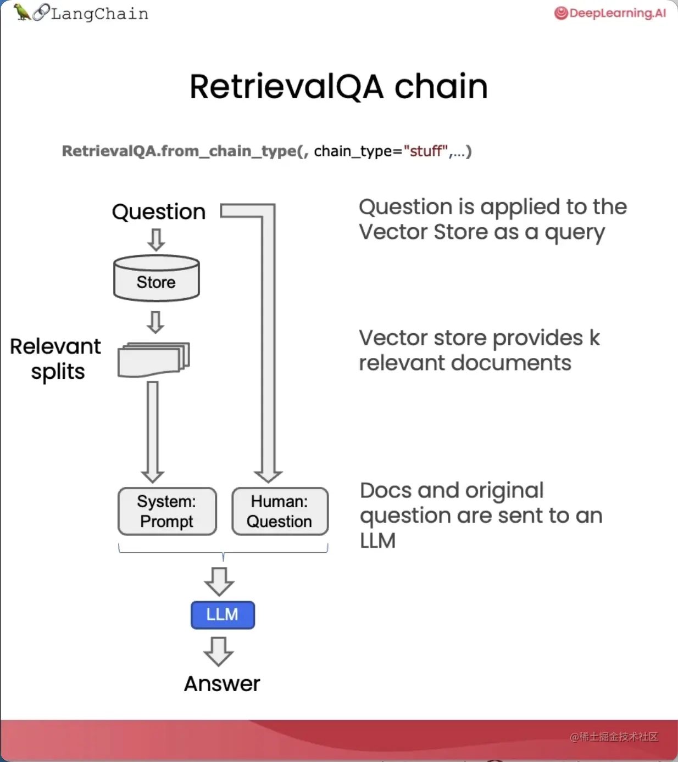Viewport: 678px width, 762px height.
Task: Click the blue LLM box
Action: [223, 615]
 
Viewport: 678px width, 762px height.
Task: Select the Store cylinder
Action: [157, 279]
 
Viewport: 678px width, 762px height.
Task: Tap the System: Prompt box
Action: [167, 511]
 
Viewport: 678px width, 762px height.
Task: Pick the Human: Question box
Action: [280, 511]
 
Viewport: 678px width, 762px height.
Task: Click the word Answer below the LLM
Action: [222, 684]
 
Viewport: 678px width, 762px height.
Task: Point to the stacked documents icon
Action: [154, 360]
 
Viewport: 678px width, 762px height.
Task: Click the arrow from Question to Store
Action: [157, 239]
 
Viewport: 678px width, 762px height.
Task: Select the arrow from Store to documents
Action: [156, 322]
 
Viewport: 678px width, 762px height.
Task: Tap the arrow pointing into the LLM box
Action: [219, 581]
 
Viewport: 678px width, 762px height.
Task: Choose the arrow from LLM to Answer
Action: [219, 651]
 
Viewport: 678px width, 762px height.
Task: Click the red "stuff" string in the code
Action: [426, 151]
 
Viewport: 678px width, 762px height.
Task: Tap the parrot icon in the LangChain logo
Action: [22, 12]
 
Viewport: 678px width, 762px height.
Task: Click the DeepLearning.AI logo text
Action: [617, 13]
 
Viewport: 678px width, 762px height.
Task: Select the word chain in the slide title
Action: [441, 87]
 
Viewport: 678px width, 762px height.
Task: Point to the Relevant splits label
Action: [56, 359]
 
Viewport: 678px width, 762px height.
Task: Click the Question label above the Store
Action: [159, 212]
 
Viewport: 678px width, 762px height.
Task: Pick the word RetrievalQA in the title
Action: [286, 87]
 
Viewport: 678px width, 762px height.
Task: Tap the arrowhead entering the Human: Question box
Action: [268, 475]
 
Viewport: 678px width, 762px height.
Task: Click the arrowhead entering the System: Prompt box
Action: [153, 475]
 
